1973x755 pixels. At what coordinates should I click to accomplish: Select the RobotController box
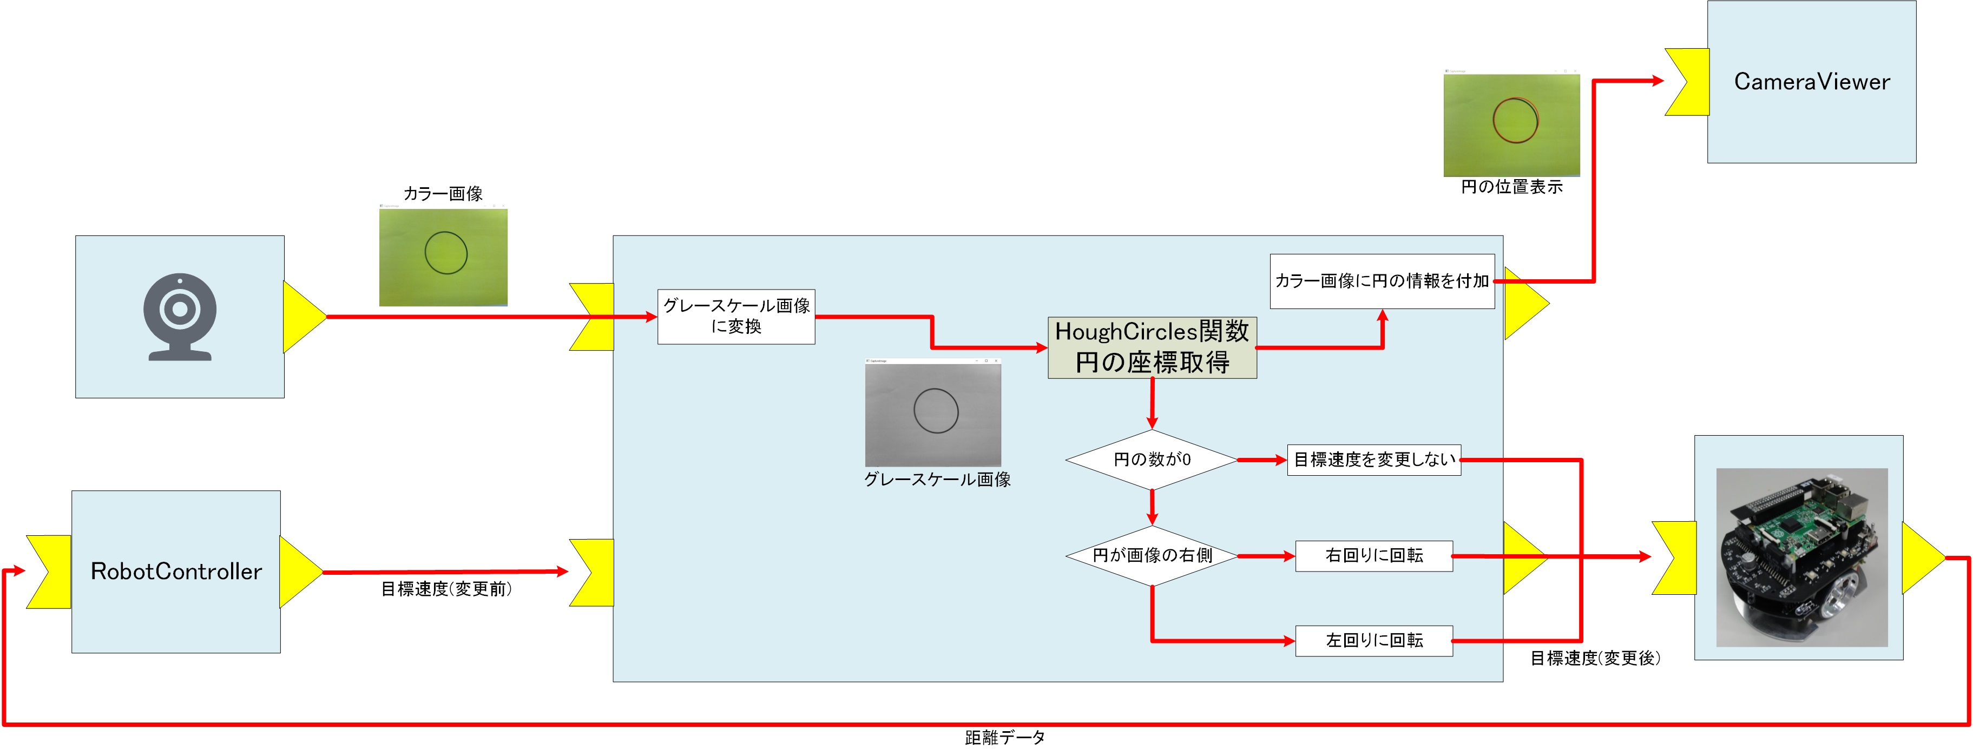pyautogui.click(x=176, y=571)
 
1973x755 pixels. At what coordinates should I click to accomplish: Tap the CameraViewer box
pyautogui.click(x=1811, y=82)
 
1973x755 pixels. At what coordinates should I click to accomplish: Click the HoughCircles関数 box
pyautogui.click(x=1152, y=347)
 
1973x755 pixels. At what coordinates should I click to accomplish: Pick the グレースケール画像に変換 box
pyautogui.click(x=736, y=316)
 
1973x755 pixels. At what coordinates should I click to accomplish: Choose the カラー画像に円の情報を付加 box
pyautogui.click(x=1382, y=281)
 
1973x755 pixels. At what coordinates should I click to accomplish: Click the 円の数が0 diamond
pyautogui.click(x=1152, y=459)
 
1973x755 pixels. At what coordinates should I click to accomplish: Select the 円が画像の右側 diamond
pyautogui.click(x=1152, y=556)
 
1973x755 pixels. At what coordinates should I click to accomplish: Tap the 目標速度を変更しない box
pyautogui.click(x=1374, y=460)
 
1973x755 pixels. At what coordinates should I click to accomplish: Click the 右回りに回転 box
pyautogui.click(x=1374, y=556)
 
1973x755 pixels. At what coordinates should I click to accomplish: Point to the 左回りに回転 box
pyautogui.click(x=1374, y=641)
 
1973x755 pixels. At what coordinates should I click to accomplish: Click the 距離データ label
pyautogui.click(x=1005, y=737)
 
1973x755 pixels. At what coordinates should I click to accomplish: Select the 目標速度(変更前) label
pyautogui.click(x=446, y=589)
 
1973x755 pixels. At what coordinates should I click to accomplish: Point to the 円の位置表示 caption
pyautogui.click(x=1511, y=187)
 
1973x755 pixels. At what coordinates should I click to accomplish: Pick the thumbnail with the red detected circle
pyautogui.click(x=1511, y=123)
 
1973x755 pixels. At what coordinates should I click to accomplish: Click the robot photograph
pyautogui.click(x=1801, y=557)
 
